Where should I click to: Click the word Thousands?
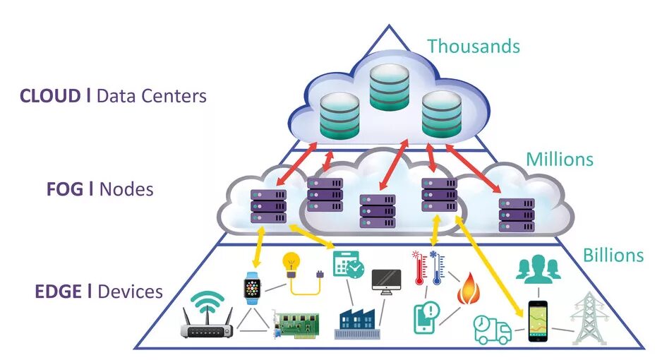(474, 46)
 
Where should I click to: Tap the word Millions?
(560, 159)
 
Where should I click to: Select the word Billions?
(613, 255)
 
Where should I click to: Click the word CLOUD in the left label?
(50, 96)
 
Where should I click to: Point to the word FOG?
(65, 189)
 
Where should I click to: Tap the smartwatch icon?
(252, 288)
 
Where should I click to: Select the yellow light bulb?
(291, 265)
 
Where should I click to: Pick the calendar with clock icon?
(349, 265)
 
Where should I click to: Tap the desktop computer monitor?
(386, 282)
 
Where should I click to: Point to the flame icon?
(469, 289)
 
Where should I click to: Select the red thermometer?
(419, 268)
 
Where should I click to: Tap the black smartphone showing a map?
(538, 320)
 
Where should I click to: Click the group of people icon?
(538, 269)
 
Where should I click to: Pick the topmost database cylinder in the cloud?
(390, 88)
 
